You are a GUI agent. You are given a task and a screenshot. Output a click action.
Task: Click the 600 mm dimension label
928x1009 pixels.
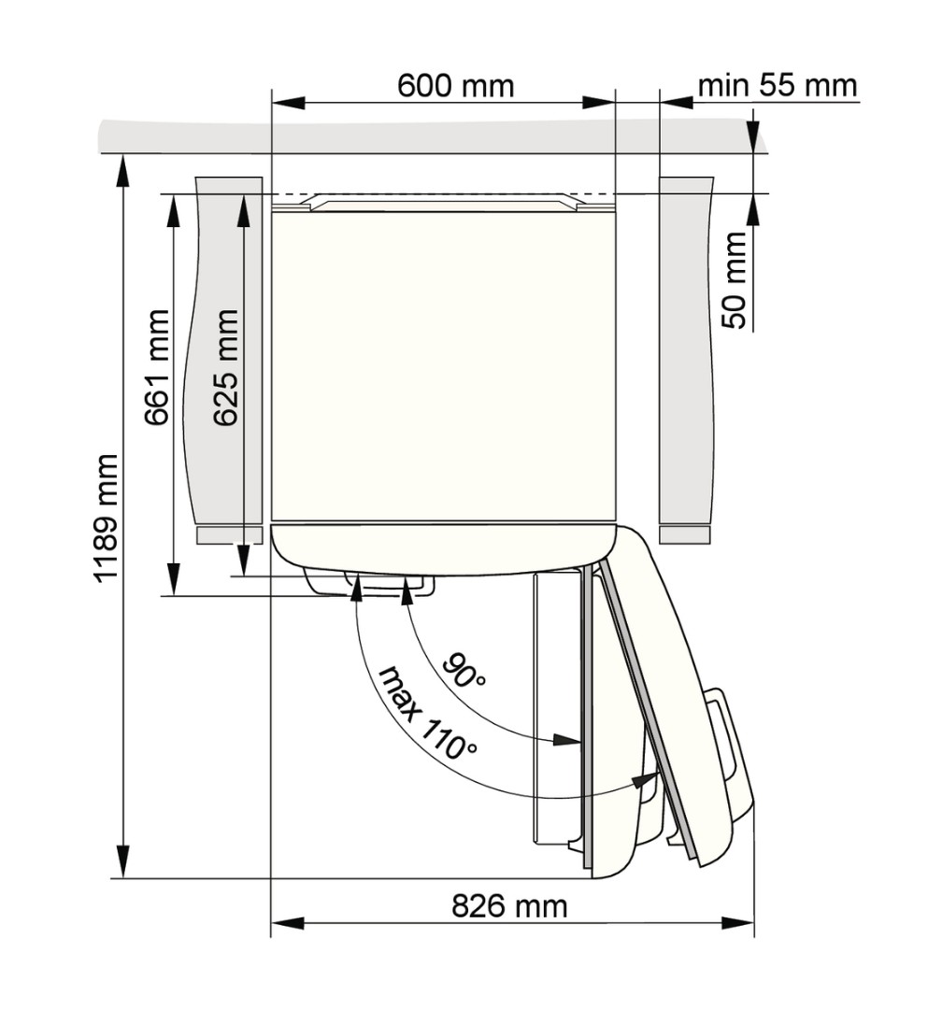[x=456, y=86]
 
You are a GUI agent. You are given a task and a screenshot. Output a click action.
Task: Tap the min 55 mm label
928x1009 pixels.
[x=778, y=85]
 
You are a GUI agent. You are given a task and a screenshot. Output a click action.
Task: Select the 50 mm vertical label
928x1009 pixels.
[x=735, y=280]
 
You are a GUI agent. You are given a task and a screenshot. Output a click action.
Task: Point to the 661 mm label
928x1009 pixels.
[x=156, y=367]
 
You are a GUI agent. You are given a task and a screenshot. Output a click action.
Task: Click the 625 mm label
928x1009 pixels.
[x=226, y=367]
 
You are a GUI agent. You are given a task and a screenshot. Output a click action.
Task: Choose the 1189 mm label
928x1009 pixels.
[x=107, y=518]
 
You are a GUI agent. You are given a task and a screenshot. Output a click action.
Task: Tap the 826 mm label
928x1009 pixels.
[x=509, y=906]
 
